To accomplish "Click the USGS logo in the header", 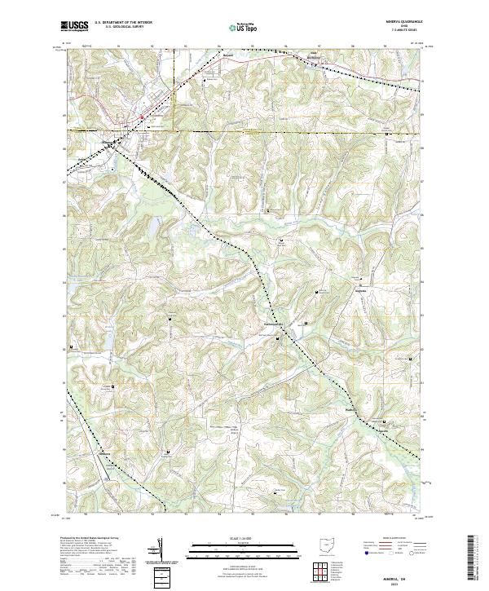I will coord(76,26).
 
